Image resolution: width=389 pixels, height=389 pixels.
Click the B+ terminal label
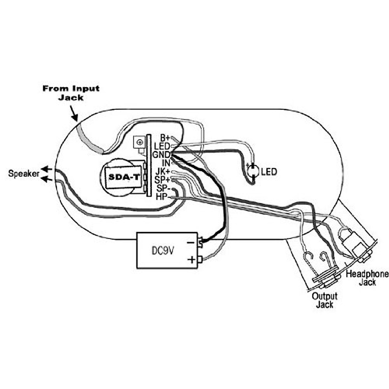[165, 138]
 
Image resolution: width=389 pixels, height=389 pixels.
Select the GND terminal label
[161, 155]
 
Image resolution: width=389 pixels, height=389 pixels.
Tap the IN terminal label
[166, 163]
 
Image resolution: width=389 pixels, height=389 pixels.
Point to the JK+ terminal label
[163, 172]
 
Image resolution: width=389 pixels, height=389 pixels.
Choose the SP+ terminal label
[163, 180]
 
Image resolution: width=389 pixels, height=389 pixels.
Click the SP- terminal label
[163, 188]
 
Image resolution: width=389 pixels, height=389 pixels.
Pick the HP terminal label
[162, 197]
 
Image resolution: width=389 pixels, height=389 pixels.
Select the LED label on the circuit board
[162, 146]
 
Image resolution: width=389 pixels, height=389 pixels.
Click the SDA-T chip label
[124, 177]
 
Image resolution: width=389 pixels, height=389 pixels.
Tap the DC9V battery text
[162, 251]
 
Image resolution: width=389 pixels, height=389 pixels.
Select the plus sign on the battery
[192, 260]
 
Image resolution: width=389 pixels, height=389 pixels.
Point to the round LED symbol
[253, 171]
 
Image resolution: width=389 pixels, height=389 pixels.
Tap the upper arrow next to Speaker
[46, 169]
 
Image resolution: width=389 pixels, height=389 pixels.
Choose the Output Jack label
[324, 301]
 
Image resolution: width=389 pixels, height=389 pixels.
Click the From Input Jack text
[71, 93]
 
